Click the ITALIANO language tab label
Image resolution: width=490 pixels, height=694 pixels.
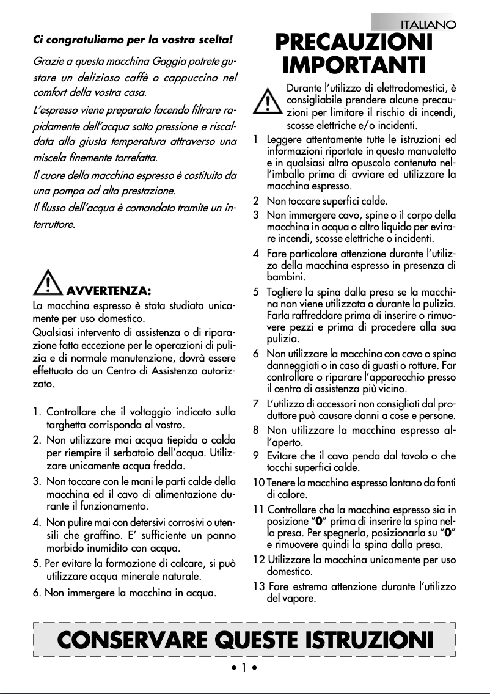427,24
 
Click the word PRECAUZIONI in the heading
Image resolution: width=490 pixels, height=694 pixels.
354,43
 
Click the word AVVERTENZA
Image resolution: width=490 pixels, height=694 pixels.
109,288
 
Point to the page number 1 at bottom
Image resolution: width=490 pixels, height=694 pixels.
243,668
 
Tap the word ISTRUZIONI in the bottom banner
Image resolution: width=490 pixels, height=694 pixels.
373,640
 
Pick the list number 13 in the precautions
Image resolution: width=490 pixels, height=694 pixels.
258,587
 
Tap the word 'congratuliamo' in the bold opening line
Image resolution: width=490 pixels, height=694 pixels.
75,40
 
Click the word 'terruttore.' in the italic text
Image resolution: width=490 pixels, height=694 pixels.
54,225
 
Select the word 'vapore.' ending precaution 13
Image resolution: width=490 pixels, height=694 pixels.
299,599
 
